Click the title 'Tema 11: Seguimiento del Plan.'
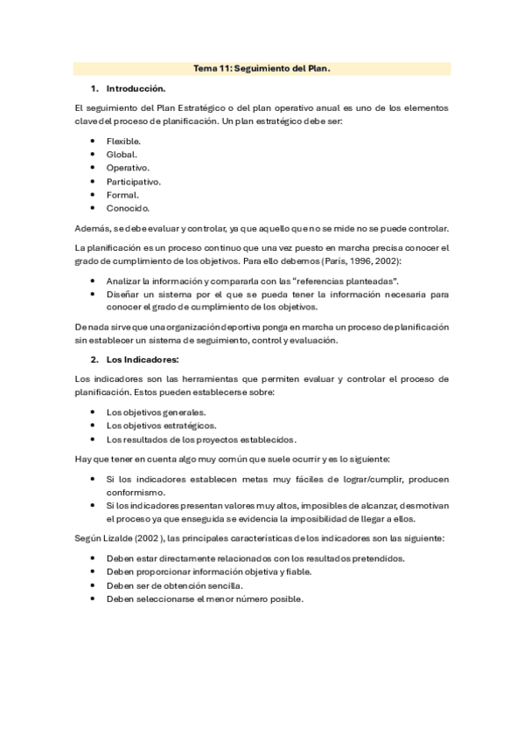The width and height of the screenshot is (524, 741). pyautogui.click(x=262, y=69)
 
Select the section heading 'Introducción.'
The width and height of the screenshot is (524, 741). pyautogui.click(x=136, y=88)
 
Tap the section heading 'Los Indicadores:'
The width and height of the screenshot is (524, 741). pyautogui.click(x=142, y=359)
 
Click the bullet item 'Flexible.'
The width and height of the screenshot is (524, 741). pyautogui.click(x=123, y=141)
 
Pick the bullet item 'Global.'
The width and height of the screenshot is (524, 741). pyautogui.click(x=122, y=154)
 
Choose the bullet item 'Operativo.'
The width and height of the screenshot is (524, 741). pyautogui.click(x=128, y=168)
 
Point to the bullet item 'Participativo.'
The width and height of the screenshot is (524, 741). pyautogui.click(x=134, y=181)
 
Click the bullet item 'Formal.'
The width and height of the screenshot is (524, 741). pyautogui.click(x=122, y=195)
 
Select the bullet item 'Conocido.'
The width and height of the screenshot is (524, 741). pyautogui.click(x=128, y=208)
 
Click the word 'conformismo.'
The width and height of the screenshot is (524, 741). pyautogui.click(x=135, y=492)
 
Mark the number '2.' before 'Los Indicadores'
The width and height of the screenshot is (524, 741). pyautogui.click(x=95, y=359)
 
